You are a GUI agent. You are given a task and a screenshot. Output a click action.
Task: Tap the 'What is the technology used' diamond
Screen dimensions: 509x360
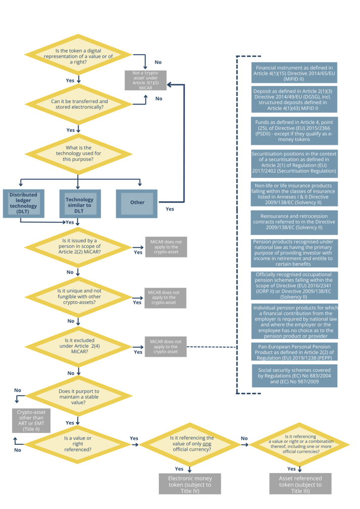click(x=78, y=153)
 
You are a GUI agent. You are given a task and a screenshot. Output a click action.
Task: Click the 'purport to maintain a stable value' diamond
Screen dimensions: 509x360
click(x=78, y=394)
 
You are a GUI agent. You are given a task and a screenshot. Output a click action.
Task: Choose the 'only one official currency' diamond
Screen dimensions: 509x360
click(x=191, y=445)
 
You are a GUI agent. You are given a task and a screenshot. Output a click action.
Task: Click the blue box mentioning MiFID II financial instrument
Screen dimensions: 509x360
click(x=294, y=73)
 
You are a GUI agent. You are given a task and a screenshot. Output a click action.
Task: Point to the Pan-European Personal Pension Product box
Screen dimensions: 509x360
click(x=294, y=352)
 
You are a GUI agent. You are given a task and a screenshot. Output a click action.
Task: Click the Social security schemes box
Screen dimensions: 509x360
click(x=294, y=376)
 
